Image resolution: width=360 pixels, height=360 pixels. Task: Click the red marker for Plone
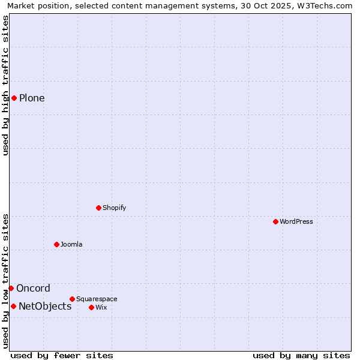click(14, 98)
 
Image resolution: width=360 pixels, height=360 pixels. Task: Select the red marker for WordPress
click(275, 221)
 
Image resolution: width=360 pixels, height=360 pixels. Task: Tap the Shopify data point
click(98, 208)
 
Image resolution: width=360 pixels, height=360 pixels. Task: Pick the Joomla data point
click(56, 244)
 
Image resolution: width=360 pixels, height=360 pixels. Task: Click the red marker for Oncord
click(11, 288)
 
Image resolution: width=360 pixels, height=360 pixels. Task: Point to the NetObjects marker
click(13, 306)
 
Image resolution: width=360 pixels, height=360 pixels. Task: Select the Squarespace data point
click(72, 299)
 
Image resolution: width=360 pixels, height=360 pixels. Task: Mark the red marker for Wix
click(91, 307)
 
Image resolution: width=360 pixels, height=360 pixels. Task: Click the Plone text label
click(32, 98)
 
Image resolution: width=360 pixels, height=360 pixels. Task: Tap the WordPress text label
click(296, 221)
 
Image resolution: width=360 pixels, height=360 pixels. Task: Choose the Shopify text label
click(114, 208)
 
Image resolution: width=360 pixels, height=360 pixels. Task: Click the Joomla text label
click(71, 244)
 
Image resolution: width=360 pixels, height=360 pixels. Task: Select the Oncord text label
click(33, 289)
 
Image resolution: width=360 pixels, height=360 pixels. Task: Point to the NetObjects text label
click(45, 307)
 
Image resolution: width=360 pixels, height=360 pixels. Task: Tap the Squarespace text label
click(97, 299)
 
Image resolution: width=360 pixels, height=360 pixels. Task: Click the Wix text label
click(101, 307)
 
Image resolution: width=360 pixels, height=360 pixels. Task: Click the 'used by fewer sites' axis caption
click(62, 355)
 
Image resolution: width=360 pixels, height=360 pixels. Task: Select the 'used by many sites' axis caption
click(301, 355)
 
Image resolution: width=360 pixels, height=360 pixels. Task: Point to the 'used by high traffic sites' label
click(6, 85)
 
